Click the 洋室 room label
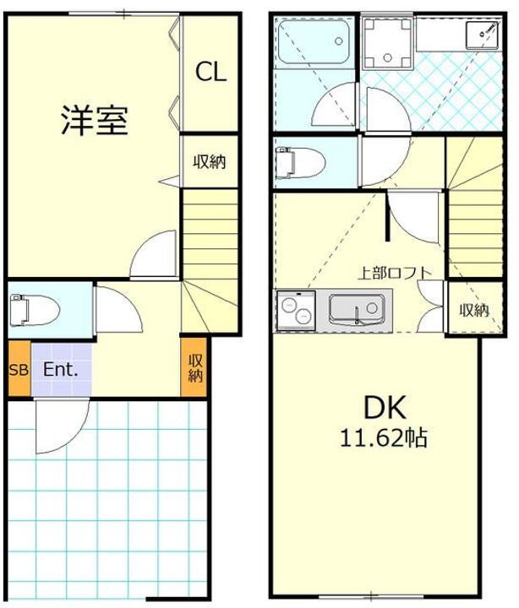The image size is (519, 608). pos(94,120)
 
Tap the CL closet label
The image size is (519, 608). pos(210,73)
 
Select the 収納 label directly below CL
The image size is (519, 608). pos(208,160)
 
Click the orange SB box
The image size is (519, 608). pos(18,369)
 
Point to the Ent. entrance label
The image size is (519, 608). pos(61,369)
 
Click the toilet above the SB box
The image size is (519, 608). pos(34,309)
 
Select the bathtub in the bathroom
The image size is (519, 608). pos(315,41)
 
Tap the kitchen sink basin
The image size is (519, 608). pos(356,309)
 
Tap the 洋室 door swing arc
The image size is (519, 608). pos(155,253)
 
